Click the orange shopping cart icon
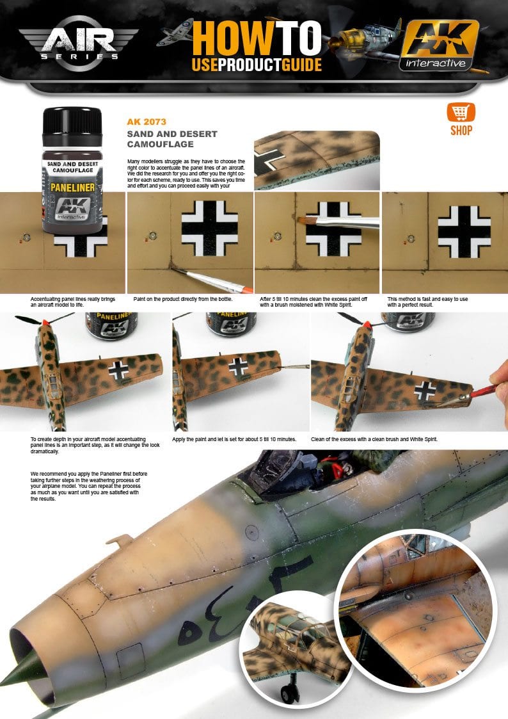point(461,113)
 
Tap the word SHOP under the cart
point(461,131)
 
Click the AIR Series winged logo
point(77,42)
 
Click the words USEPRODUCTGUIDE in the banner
point(256,65)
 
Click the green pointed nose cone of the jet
point(12,675)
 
